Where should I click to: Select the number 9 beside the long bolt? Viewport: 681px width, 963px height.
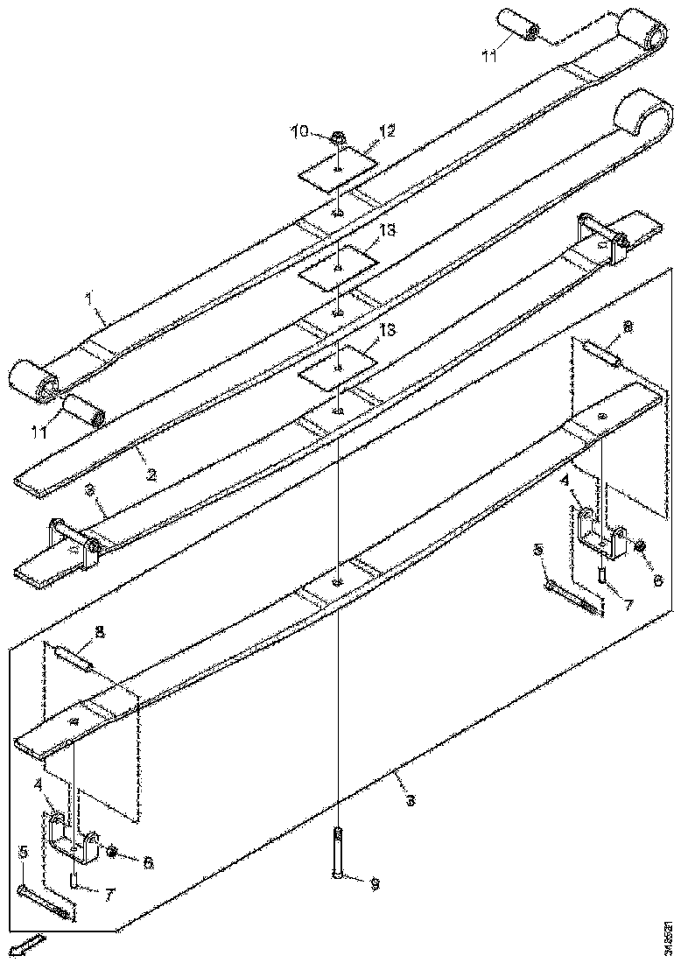click(374, 884)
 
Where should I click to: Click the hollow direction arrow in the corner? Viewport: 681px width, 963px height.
click(25, 945)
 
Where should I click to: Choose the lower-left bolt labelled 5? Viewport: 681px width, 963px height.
click(44, 901)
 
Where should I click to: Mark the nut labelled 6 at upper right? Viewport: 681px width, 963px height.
click(639, 546)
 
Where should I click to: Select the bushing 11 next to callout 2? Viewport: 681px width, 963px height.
click(82, 410)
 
